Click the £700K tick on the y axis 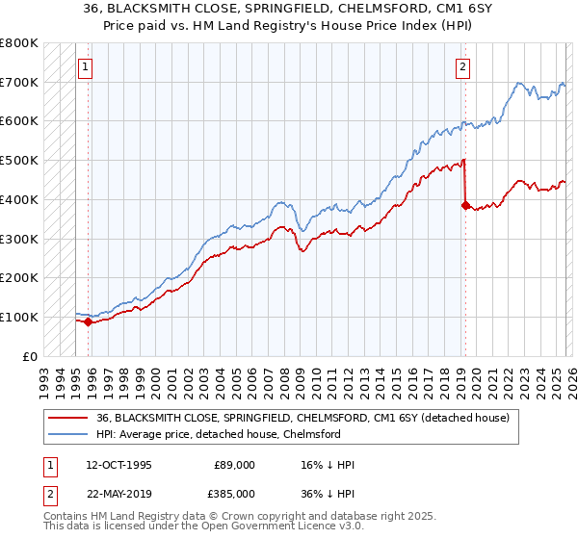19,82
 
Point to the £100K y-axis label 19,317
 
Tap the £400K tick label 19,199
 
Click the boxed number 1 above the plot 86,66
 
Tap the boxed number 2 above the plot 463,66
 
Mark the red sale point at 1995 89,321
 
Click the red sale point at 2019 465,205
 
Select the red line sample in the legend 67,418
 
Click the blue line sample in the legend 67,434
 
